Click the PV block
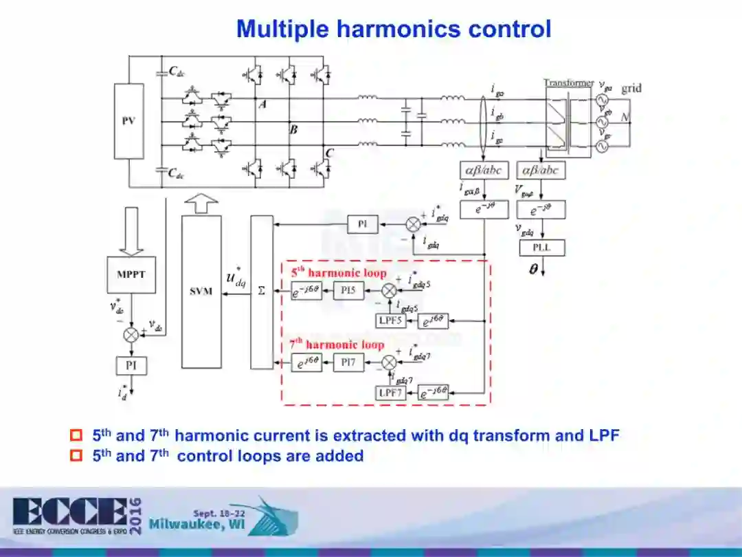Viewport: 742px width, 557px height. coord(128,121)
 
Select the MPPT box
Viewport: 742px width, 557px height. coord(131,274)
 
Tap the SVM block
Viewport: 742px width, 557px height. coord(201,292)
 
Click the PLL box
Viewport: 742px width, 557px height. coord(542,248)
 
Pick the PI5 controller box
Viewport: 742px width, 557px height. coord(349,292)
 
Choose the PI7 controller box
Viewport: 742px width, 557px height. coord(349,363)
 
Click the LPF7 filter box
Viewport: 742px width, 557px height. coord(391,393)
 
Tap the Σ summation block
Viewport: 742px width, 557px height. coord(262,292)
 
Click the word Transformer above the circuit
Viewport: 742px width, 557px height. coord(568,83)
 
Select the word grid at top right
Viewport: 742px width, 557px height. coord(631,88)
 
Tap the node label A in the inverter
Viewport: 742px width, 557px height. coord(262,104)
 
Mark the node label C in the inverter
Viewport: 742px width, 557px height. coord(329,153)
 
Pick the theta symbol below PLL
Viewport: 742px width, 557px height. coord(533,270)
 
